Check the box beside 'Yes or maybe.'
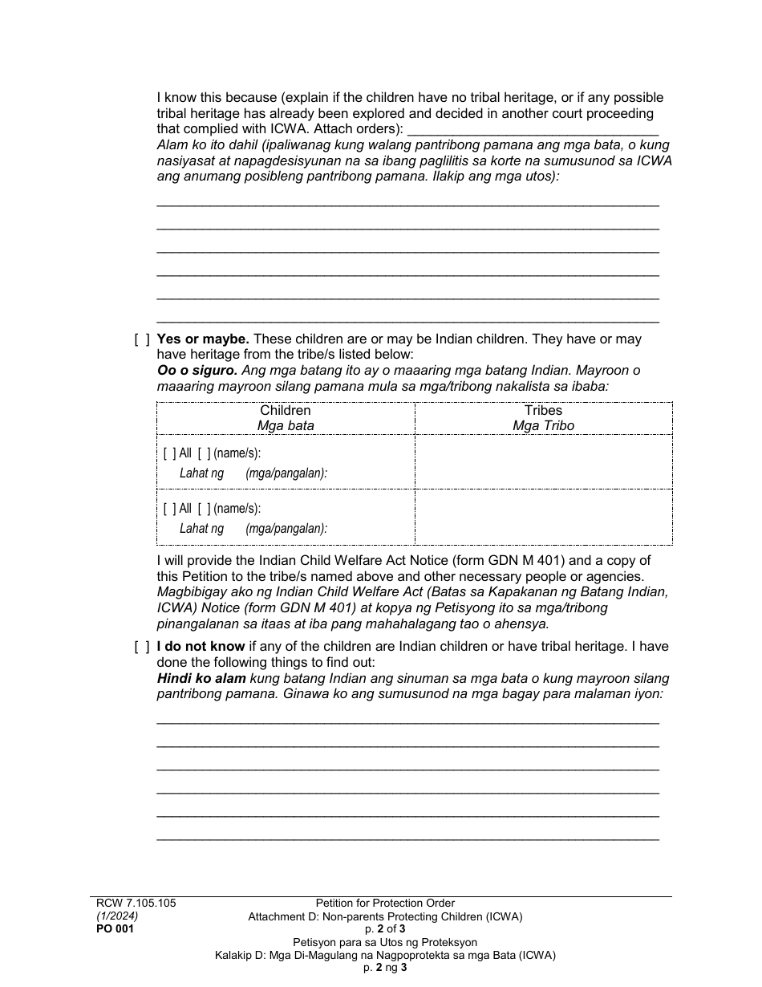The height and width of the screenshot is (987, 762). click(142, 339)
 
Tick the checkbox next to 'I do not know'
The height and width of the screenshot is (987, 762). click(142, 647)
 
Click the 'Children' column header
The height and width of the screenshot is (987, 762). click(286, 410)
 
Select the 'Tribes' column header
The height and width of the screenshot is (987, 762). click(543, 410)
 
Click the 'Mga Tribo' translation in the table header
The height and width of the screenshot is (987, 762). click(543, 425)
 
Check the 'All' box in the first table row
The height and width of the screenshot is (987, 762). click(169, 453)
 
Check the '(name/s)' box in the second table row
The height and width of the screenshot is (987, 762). click(204, 508)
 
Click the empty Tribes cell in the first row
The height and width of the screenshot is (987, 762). click(543, 462)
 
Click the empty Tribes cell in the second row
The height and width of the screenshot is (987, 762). click(543, 518)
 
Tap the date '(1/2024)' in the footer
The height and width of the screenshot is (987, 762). click(117, 916)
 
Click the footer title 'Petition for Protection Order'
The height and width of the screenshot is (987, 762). click(385, 903)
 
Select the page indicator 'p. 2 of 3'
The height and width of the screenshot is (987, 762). click(385, 929)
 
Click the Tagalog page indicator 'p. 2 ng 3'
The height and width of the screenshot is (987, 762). click(385, 968)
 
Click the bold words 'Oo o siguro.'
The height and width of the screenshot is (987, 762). click(197, 371)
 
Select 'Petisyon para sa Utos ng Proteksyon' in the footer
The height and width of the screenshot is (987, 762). click(385, 942)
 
